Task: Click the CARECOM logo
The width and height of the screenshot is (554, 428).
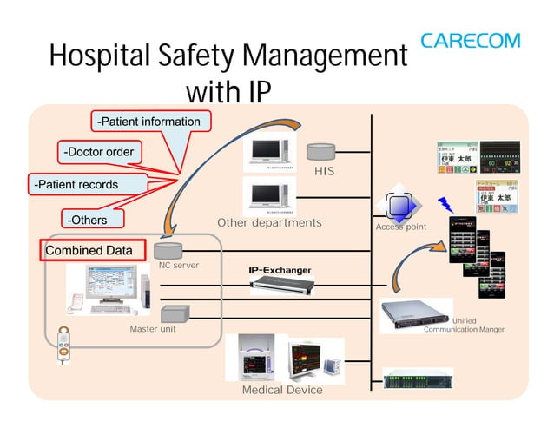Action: point(470,41)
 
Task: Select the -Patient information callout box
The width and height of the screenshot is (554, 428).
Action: point(148,122)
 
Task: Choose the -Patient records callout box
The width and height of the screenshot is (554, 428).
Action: point(75,185)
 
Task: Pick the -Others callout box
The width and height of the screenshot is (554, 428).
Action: point(88,220)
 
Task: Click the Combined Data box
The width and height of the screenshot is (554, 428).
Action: point(89,251)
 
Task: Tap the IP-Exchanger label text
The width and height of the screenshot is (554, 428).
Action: point(280,271)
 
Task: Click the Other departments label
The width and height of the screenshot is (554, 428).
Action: point(269,223)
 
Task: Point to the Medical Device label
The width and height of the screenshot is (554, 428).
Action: point(282,390)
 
